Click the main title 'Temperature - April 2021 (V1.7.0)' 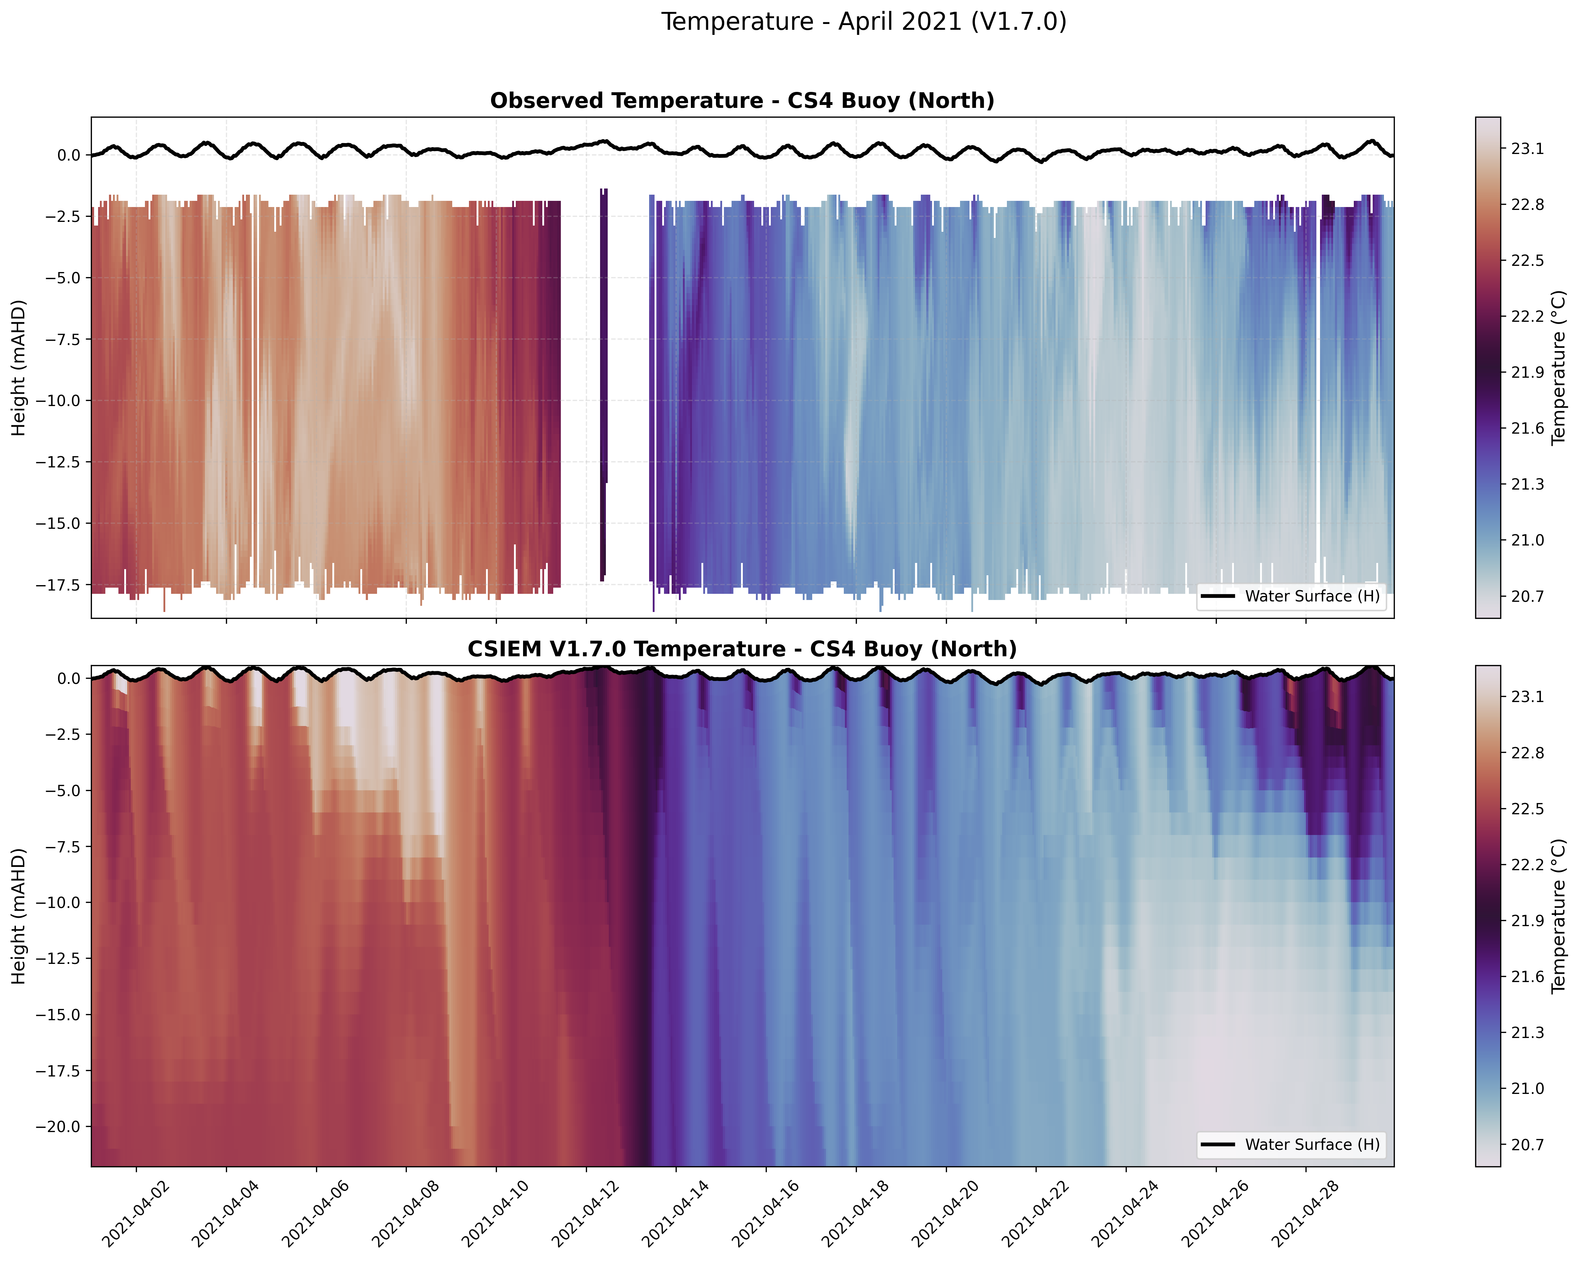tap(863, 22)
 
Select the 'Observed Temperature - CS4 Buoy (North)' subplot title tap(742, 101)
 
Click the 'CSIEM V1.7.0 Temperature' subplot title tap(742, 649)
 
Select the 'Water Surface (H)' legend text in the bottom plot tap(1312, 1144)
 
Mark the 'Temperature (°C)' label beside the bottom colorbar tap(1559, 916)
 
